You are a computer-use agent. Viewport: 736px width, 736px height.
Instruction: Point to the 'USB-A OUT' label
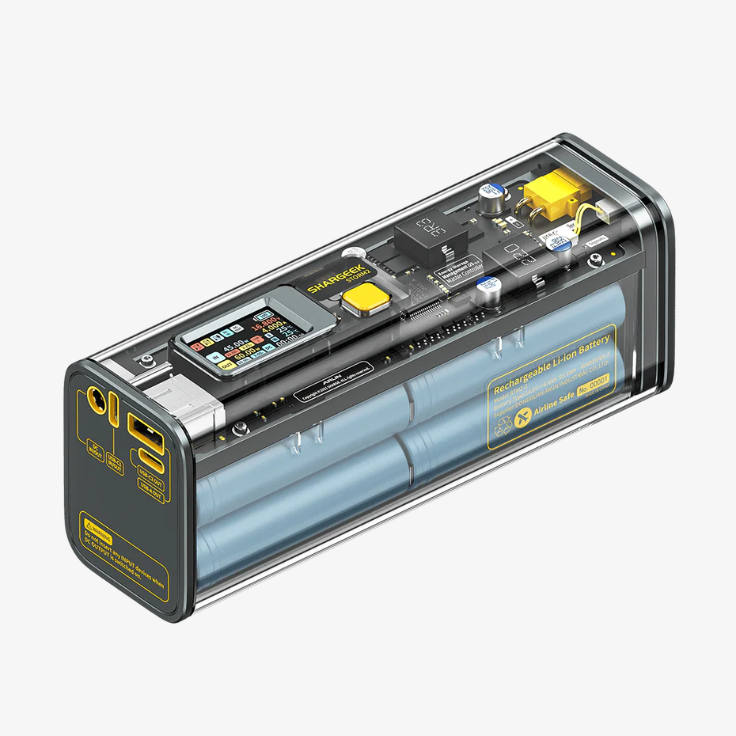tap(150, 491)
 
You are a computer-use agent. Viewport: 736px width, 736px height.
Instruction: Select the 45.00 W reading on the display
tap(235, 348)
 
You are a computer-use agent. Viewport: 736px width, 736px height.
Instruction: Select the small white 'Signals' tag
tap(597, 240)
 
